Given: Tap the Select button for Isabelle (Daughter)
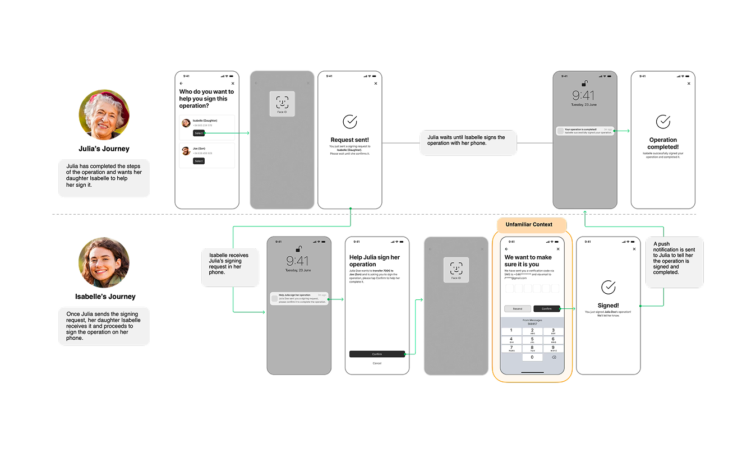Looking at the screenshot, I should (x=199, y=133).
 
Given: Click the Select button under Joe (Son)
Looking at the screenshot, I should (x=199, y=161).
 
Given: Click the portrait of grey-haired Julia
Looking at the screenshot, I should (x=104, y=115).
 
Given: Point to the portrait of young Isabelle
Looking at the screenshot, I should (x=104, y=262).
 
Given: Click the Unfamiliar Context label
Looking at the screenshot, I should (x=528, y=224).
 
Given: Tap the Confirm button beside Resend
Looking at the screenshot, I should (x=546, y=309).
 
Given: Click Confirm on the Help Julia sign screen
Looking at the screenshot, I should (x=377, y=354).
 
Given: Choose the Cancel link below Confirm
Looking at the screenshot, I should (x=377, y=363).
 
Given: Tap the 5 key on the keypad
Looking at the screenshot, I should (x=532, y=340).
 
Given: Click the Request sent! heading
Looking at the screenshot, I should (x=349, y=140).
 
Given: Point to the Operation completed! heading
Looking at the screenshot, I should (x=663, y=144).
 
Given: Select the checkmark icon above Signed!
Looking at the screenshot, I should (x=608, y=287).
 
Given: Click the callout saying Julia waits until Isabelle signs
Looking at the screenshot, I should (x=468, y=143).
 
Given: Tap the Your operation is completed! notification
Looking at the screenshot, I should (x=585, y=131).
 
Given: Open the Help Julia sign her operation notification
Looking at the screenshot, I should (x=298, y=299).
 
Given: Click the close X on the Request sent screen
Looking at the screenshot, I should (x=376, y=84).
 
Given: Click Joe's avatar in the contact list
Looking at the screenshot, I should (x=186, y=151).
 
